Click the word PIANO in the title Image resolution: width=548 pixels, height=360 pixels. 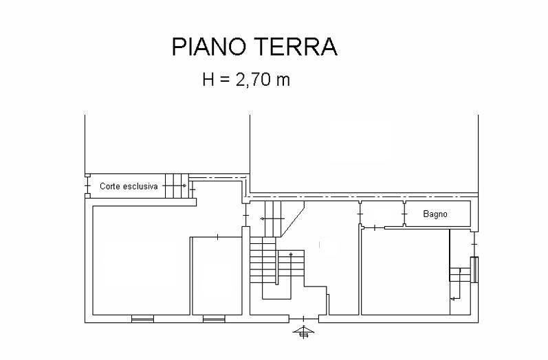point(209,47)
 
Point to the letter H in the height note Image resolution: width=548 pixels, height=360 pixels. point(208,79)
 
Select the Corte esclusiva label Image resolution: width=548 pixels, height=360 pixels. point(129,186)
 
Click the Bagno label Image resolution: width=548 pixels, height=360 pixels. point(435,214)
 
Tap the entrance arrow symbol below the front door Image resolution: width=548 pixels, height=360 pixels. point(303,332)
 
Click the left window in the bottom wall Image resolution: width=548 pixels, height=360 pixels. point(142,319)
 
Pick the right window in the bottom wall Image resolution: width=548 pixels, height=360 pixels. point(214,319)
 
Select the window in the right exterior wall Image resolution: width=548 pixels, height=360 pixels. point(474,269)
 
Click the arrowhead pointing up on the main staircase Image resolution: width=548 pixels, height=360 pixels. point(291,254)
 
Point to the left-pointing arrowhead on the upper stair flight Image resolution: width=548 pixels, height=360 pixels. point(262,219)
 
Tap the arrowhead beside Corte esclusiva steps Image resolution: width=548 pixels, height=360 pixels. point(184,185)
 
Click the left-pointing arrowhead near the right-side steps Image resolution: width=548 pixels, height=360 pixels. point(452,299)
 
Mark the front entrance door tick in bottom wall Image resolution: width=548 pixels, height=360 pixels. point(303,319)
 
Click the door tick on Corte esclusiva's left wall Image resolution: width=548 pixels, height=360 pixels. point(87,185)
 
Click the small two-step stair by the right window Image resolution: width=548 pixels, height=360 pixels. point(460,274)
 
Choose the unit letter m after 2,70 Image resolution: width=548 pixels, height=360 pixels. point(283,81)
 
